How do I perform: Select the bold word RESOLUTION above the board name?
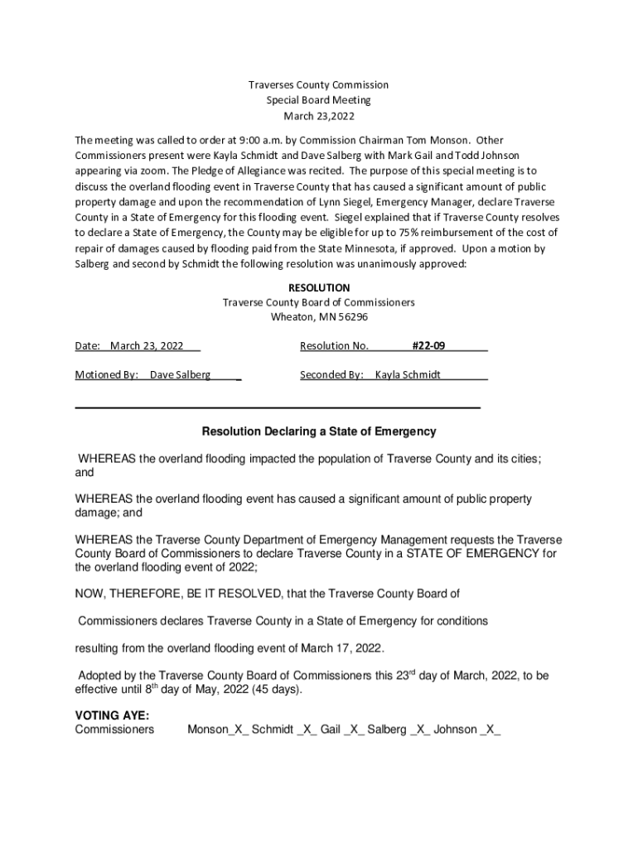coord(319,287)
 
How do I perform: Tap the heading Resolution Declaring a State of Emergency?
coord(319,431)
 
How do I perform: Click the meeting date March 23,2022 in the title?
coord(319,115)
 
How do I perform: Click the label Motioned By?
coord(107,374)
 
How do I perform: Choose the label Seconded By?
coord(331,374)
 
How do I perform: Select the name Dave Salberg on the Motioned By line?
coord(180,374)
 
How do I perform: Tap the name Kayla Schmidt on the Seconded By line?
coord(408,374)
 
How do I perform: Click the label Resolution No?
coord(334,345)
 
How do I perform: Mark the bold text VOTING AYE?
coord(107,715)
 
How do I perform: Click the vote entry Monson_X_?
coord(216,730)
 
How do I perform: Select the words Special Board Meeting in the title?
coord(319,100)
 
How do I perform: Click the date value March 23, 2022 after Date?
coord(147,345)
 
